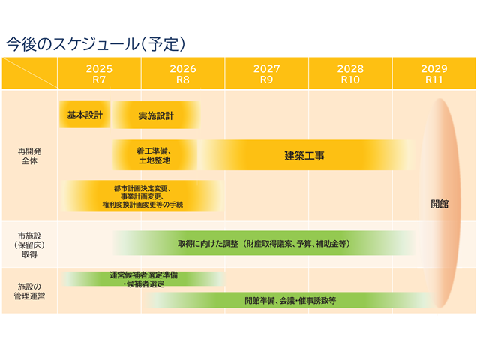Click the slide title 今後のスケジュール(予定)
click(95, 43)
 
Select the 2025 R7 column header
click(99, 73)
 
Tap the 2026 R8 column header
click(182, 73)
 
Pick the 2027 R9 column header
click(266, 73)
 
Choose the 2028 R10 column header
click(350, 73)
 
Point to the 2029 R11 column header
click(434, 73)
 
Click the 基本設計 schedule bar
click(85, 115)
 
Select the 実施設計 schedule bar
click(156, 116)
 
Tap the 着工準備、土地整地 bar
click(154, 155)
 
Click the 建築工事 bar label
click(304, 156)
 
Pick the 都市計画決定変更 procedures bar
click(142, 195)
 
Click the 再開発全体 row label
click(30, 156)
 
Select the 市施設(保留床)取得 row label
click(30, 244)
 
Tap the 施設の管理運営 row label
click(30, 291)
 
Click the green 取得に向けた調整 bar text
click(263, 244)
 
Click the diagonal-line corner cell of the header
click(30, 73)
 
